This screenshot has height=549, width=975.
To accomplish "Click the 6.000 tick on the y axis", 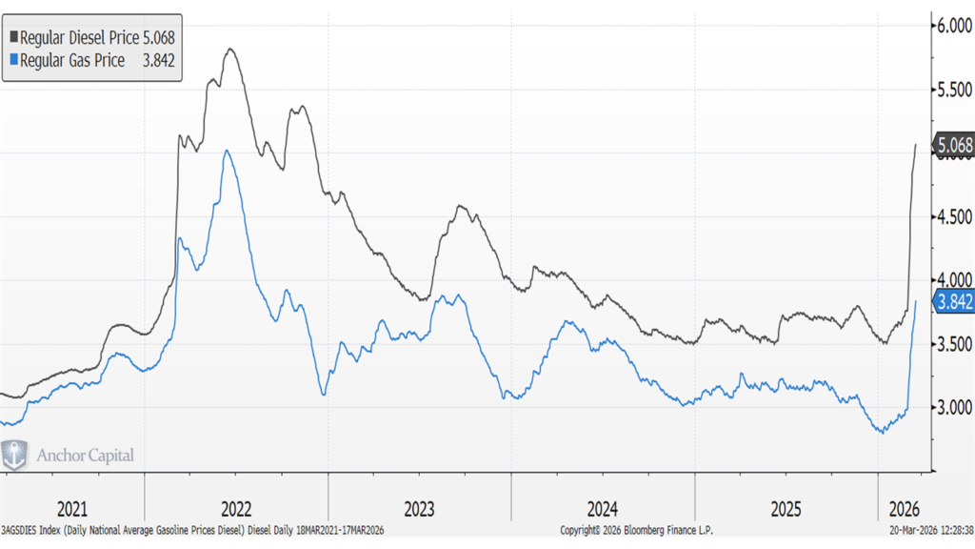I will pyautogui.click(x=952, y=26).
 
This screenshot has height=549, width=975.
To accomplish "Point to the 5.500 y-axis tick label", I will pyautogui.click(x=952, y=90).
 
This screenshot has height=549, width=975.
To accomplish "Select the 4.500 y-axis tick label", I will pyautogui.click(x=952, y=216).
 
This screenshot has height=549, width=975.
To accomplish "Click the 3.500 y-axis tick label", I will pyautogui.click(x=952, y=343).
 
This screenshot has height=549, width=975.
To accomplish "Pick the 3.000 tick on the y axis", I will pyautogui.click(x=952, y=407).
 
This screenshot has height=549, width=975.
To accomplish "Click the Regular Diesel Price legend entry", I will pyautogui.click(x=91, y=36).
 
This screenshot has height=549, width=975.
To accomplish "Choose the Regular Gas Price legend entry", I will pyautogui.click(x=91, y=59).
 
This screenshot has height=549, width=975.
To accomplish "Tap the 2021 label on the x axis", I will pyautogui.click(x=72, y=507).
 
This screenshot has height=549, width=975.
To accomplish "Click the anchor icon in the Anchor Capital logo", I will pyautogui.click(x=15, y=455).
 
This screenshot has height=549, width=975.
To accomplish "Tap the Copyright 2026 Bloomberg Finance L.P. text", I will pyautogui.click(x=636, y=530).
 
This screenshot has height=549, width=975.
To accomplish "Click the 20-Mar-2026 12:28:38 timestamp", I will pyautogui.click(x=925, y=530).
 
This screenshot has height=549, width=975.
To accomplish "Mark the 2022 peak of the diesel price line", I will pyautogui.click(x=229, y=49).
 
